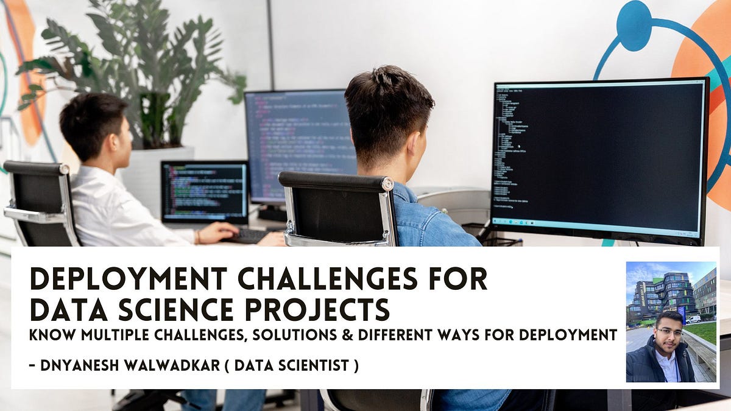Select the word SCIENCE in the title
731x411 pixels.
[177, 309]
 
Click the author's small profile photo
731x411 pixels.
[671, 322]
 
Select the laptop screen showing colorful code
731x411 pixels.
[204, 191]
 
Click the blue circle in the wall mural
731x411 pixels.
[634, 25]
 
